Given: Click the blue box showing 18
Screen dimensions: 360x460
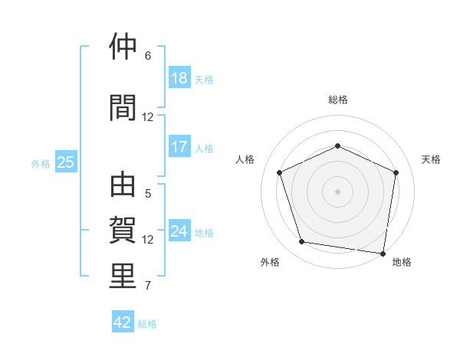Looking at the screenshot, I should (179, 78).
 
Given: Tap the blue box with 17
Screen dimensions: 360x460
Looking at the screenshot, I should (179, 147).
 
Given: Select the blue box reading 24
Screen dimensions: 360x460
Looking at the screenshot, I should (179, 231).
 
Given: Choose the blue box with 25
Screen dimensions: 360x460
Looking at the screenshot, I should (65, 162).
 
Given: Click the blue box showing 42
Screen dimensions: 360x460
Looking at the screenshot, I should (123, 322).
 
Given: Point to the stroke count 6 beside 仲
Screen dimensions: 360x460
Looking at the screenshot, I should (148, 56).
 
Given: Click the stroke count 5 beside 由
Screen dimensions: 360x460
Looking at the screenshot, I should (148, 194).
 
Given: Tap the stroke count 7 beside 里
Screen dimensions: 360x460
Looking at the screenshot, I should (148, 286).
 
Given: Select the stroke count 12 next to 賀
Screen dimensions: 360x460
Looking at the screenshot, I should (148, 240).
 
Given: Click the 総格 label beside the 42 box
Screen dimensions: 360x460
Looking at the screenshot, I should (147, 324).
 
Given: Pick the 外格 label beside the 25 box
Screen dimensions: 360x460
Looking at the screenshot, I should (41, 163).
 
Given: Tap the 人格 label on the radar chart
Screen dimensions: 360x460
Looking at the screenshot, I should (245, 159).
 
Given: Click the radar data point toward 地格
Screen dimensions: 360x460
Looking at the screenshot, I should (383, 253).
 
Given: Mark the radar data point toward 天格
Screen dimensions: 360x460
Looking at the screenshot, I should (396, 172).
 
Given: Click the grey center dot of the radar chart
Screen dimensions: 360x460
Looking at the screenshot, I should (337, 191).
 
